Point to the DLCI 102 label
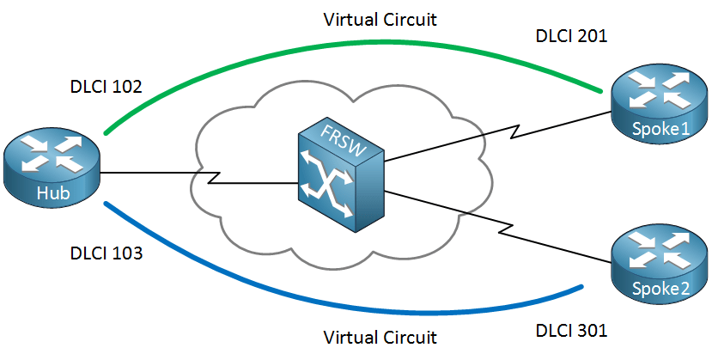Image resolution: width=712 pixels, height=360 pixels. coord(106,88)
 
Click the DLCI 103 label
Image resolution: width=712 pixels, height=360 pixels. coord(106,253)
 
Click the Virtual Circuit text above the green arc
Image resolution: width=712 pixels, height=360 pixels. coord(380,18)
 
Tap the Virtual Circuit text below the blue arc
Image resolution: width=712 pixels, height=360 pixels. coord(380,337)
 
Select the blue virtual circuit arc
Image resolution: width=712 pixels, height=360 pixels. coord(344,310)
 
